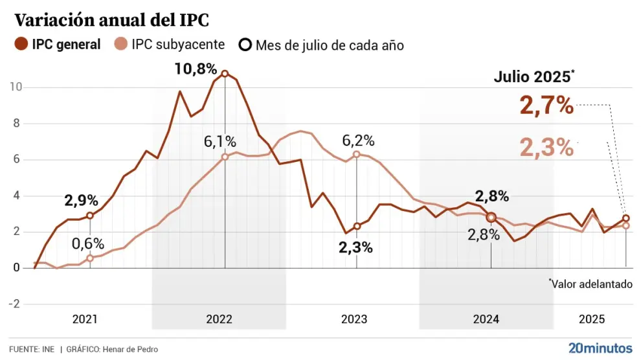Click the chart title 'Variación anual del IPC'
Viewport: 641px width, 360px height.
pyautogui.click(x=111, y=20)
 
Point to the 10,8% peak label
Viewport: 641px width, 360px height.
pyautogui.click(x=196, y=67)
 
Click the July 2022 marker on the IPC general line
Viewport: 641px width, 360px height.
pyautogui.click(x=225, y=74)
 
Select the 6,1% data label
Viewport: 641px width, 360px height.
pyautogui.click(x=221, y=141)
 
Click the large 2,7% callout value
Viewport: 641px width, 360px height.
pyautogui.click(x=546, y=106)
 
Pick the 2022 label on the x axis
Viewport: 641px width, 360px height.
pyautogui.click(x=219, y=319)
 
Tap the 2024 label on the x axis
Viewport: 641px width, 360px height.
pyautogui.click(x=486, y=319)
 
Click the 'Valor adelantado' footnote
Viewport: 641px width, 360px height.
pyautogui.click(x=591, y=284)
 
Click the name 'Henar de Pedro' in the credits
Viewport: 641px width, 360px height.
pyautogui.click(x=129, y=350)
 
